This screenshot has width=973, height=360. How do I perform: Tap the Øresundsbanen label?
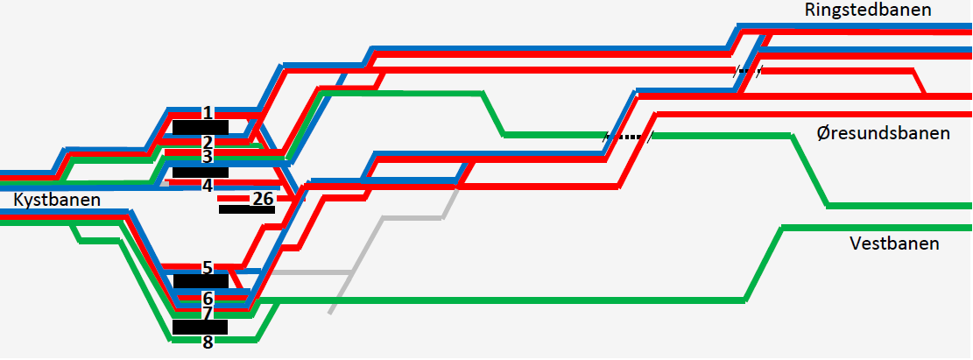click(882, 134)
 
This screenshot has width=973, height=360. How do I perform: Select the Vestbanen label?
click(894, 244)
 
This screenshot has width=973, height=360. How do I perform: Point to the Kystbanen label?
click(57, 200)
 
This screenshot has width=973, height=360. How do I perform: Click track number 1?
click(208, 113)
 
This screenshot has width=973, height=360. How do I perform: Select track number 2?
click(208, 142)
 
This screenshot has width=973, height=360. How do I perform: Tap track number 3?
click(208, 156)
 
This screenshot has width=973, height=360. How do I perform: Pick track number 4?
click(208, 185)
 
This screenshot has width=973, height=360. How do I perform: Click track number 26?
click(263, 199)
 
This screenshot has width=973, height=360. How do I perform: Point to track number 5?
click(208, 267)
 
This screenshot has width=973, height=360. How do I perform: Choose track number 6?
click(208, 298)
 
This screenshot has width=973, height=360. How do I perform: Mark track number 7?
click(208, 313)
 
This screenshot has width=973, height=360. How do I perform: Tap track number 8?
click(208, 342)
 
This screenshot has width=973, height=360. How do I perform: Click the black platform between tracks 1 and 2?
click(200, 127)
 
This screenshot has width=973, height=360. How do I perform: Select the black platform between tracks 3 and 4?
click(200, 171)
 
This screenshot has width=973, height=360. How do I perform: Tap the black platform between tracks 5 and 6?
click(200, 281)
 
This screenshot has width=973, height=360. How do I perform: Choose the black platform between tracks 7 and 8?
click(200, 327)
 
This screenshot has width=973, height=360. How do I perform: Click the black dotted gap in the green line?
click(629, 137)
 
